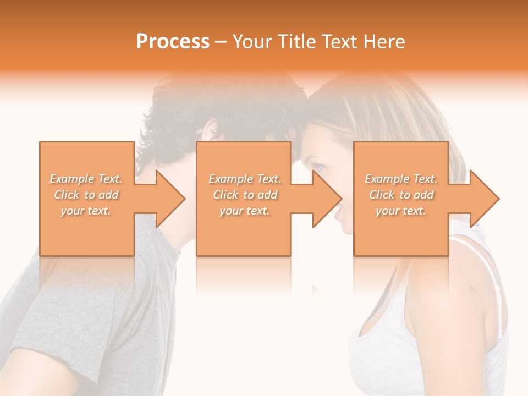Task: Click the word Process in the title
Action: (x=173, y=42)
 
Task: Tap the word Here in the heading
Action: (x=385, y=42)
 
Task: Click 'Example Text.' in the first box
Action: (x=86, y=179)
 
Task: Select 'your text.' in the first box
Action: (x=86, y=211)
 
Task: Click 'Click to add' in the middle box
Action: (x=245, y=195)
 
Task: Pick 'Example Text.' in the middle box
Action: (x=245, y=179)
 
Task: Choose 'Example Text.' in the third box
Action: (x=401, y=179)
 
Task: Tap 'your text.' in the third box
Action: (x=401, y=211)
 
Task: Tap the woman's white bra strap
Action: (x=492, y=275)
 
